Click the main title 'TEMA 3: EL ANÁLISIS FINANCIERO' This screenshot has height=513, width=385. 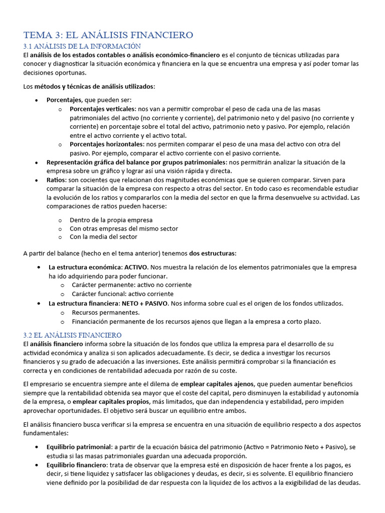click(108, 35)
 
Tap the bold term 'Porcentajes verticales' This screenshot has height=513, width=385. click(102, 109)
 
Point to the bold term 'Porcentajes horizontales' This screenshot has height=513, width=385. click(106, 144)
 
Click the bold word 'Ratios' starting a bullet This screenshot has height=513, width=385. click(56, 180)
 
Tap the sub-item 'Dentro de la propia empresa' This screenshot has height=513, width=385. click(111, 220)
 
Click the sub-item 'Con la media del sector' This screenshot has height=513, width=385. click(103, 236)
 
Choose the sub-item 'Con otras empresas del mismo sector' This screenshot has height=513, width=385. click(124, 228)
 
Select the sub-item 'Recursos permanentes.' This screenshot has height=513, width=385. click(105, 313)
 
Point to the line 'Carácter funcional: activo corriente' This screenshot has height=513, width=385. click(122, 294)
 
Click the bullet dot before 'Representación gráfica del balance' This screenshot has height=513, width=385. click(37, 162)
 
